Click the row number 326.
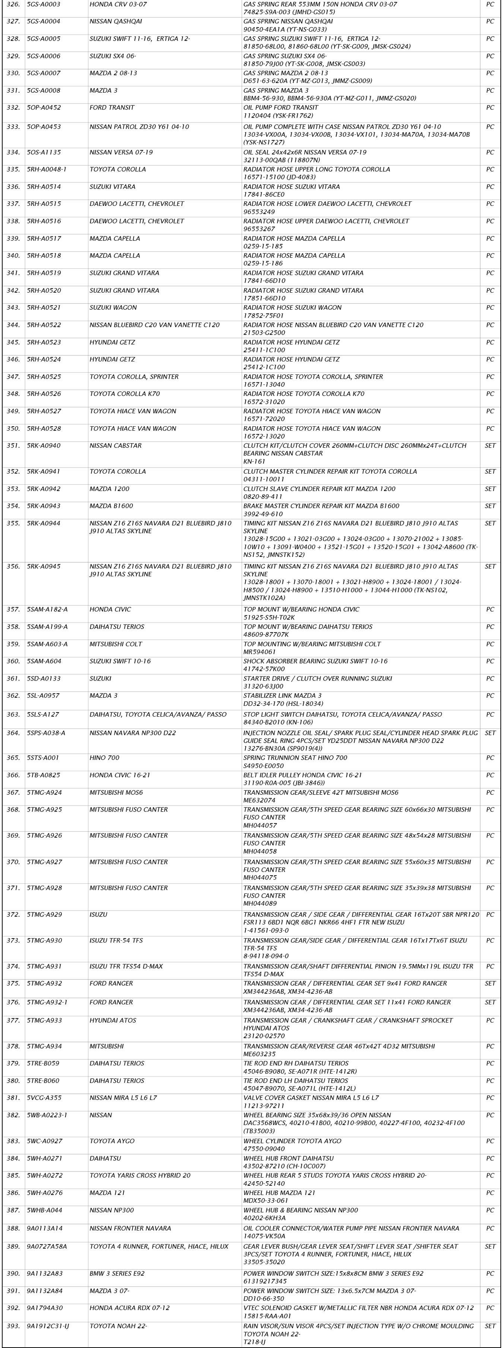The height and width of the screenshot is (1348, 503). pos(13,4)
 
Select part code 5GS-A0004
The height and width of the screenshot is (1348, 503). pos(44,22)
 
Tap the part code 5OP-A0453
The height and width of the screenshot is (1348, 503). pos(44,127)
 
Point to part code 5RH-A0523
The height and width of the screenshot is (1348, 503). pos(44,342)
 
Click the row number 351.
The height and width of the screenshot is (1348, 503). pos(13,446)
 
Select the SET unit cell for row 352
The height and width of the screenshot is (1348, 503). pos(490,472)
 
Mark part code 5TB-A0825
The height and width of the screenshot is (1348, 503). pos(44,775)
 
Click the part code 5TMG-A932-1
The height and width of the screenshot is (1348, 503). pos(47,1002)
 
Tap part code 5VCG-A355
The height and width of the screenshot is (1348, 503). pos(44,1097)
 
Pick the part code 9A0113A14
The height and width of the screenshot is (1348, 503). pos(44,1228)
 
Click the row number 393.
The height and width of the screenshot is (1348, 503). pos(13,1326)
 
